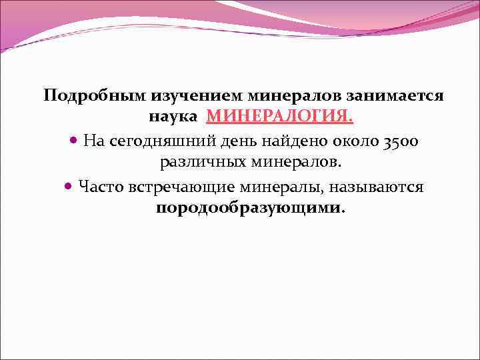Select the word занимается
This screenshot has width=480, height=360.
coord(399,96)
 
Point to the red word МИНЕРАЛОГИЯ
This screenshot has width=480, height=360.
coord(279,117)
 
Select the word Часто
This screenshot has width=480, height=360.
coord(98,186)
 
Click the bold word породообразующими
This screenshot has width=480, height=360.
coord(248,208)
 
